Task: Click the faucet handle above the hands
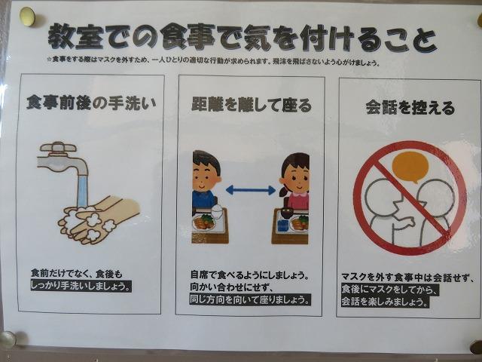(58, 147)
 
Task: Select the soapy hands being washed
(99, 219)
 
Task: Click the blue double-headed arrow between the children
(251, 190)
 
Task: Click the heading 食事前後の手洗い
(91, 103)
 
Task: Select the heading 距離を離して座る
(252, 105)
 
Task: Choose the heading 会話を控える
(410, 108)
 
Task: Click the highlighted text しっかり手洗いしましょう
(81, 286)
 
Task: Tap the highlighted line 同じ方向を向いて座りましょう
(250, 299)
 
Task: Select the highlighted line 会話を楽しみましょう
(385, 302)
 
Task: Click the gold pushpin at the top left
(27, 17)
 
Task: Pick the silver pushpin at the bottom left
(8, 340)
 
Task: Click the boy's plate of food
(204, 222)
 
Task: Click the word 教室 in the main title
(75, 37)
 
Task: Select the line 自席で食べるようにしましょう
(249, 275)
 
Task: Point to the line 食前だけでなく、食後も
(77, 273)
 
